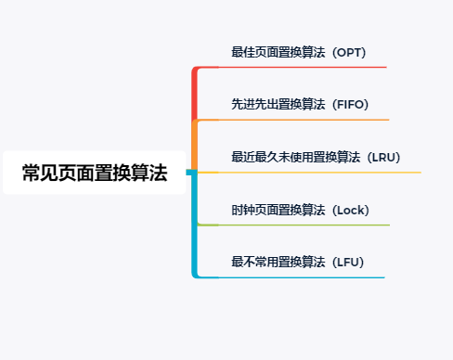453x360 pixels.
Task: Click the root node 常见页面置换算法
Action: coord(94,173)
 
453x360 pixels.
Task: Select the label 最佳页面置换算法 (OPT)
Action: coord(304,52)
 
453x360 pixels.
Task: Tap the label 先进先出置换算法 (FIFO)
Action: coord(306,104)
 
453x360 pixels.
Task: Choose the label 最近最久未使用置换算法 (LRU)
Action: coord(316,157)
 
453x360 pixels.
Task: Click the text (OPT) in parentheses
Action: coord(356,52)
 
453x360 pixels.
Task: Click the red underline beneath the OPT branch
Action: coord(306,67)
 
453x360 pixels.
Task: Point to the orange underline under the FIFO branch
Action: coord(306,120)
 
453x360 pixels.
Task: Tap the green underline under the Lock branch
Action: coord(306,225)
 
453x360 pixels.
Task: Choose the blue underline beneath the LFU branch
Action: coord(306,277)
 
